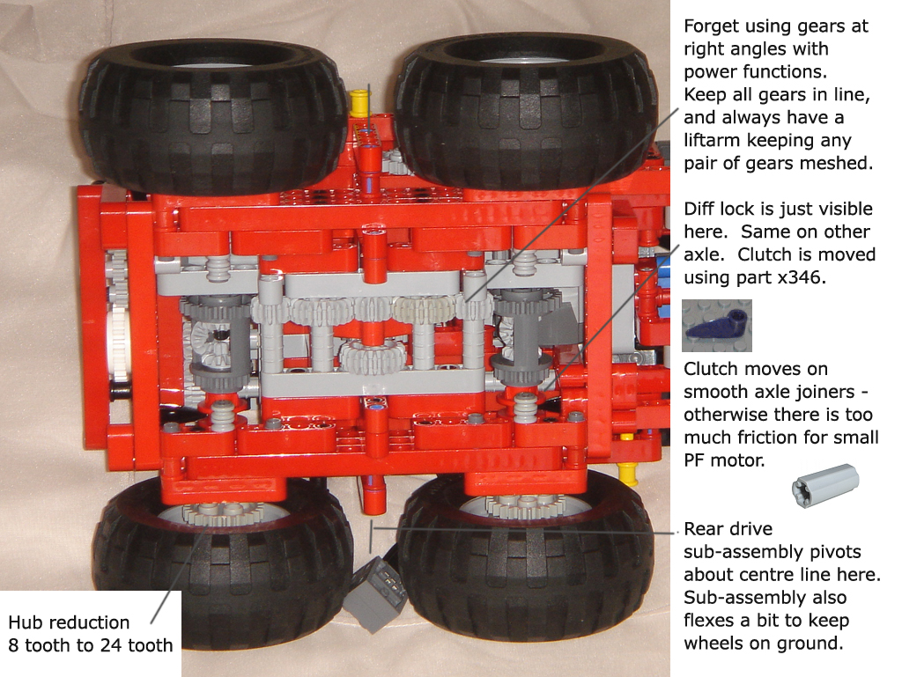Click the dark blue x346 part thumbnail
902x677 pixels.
point(717,325)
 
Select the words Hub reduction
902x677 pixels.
point(69,622)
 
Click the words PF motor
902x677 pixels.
point(724,460)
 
